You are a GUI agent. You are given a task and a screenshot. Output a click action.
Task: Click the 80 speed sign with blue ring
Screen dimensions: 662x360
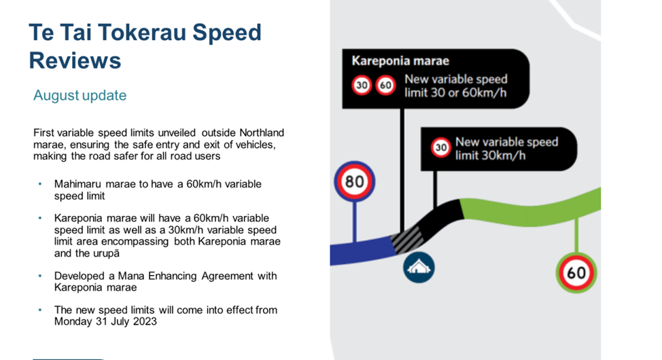pyautogui.click(x=354, y=181)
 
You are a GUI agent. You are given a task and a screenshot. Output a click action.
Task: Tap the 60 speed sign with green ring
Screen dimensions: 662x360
pyautogui.click(x=576, y=272)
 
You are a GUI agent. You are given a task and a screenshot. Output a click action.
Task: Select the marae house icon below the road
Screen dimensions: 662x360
pyautogui.click(x=419, y=267)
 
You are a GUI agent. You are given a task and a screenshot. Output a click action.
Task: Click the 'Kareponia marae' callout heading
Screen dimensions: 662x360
pyautogui.click(x=400, y=60)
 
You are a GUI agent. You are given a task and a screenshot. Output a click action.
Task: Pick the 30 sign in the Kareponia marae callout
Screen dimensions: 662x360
pyautogui.click(x=362, y=86)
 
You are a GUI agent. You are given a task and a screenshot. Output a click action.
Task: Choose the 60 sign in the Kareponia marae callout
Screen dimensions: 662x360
pyautogui.click(x=385, y=86)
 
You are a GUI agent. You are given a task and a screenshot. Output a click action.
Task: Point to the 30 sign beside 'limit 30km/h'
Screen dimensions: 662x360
pyautogui.click(x=441, y=147)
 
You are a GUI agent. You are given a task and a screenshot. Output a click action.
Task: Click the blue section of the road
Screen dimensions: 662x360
pyautogui.click(x=362, y=251)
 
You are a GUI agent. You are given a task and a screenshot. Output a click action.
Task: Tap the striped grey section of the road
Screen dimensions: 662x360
pyautogui.click(x=407, y=240)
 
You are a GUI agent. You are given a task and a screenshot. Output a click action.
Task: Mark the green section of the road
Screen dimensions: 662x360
pyautogui.click(x=530, y=208)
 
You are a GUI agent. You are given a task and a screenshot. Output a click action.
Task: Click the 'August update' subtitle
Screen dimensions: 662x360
pyautogui.click(x=80, y=95)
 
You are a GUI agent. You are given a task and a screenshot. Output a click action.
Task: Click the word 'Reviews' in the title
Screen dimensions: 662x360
pyautogui.click(x=75, y=60)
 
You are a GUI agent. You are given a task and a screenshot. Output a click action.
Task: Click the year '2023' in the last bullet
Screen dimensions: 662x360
pyautogui.click(x=145, y=321)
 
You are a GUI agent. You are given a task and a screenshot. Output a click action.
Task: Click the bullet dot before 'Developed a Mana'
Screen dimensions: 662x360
pyautogui.click(x=40, y=276)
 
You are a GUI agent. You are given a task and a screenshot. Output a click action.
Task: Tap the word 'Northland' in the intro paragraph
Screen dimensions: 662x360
pyautogui.click(x=262, y=133)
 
